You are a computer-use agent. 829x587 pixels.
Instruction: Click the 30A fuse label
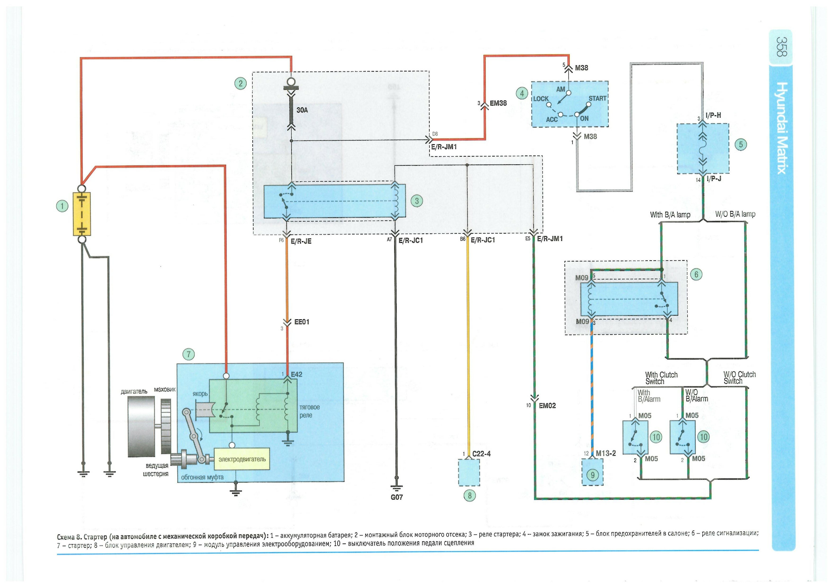302,110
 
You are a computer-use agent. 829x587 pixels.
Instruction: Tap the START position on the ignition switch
597,98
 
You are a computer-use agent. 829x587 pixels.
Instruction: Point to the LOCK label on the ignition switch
541,99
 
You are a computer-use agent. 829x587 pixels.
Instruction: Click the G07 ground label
397,497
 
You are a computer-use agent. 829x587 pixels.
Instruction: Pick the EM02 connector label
547,405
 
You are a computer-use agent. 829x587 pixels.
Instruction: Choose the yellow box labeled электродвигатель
242,459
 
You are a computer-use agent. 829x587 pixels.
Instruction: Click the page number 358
781,47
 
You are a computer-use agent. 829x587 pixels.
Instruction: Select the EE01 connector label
302,322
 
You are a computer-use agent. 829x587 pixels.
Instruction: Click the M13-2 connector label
606,453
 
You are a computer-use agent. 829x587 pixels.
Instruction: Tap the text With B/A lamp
670,215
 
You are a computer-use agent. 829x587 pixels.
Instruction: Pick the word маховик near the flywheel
165,389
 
